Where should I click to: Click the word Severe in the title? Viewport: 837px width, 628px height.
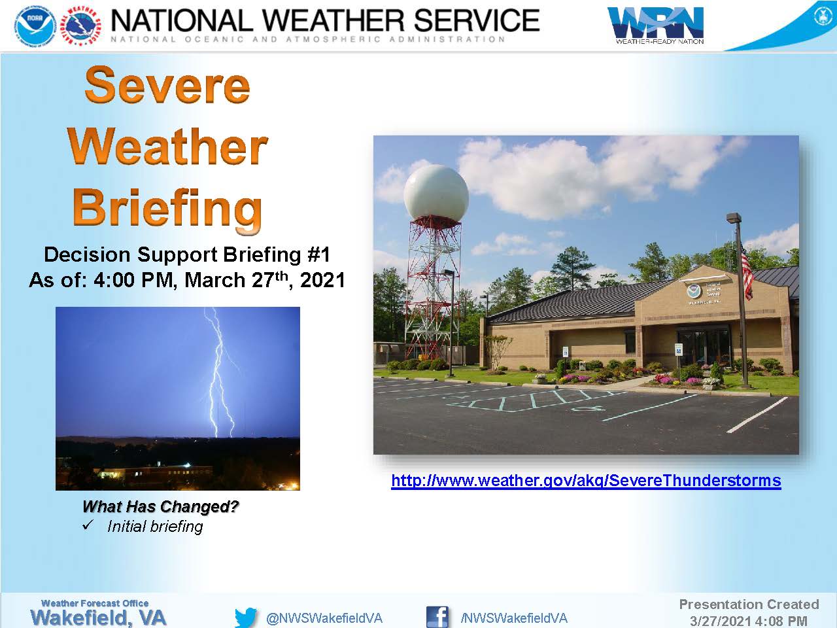click(167, 84)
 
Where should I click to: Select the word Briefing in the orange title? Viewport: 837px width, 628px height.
click(167, 211)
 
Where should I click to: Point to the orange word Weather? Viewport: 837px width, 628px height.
click(168, 147)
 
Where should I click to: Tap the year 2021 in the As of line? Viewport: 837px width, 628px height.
click(322, 280)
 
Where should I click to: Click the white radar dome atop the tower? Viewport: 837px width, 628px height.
click(436, 192)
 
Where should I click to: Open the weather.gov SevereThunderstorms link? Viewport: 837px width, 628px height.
click(586, 480)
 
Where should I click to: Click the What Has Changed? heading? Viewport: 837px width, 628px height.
click(160, 506)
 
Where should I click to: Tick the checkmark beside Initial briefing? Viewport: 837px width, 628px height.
click(88, 525)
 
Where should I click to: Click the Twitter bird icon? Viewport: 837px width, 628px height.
click(246, 617)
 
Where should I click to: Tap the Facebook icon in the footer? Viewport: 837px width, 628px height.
click(437, 617)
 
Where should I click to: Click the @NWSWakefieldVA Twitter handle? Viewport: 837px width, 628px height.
click(324, 618)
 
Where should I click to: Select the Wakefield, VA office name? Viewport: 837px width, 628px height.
click(98, 618)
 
